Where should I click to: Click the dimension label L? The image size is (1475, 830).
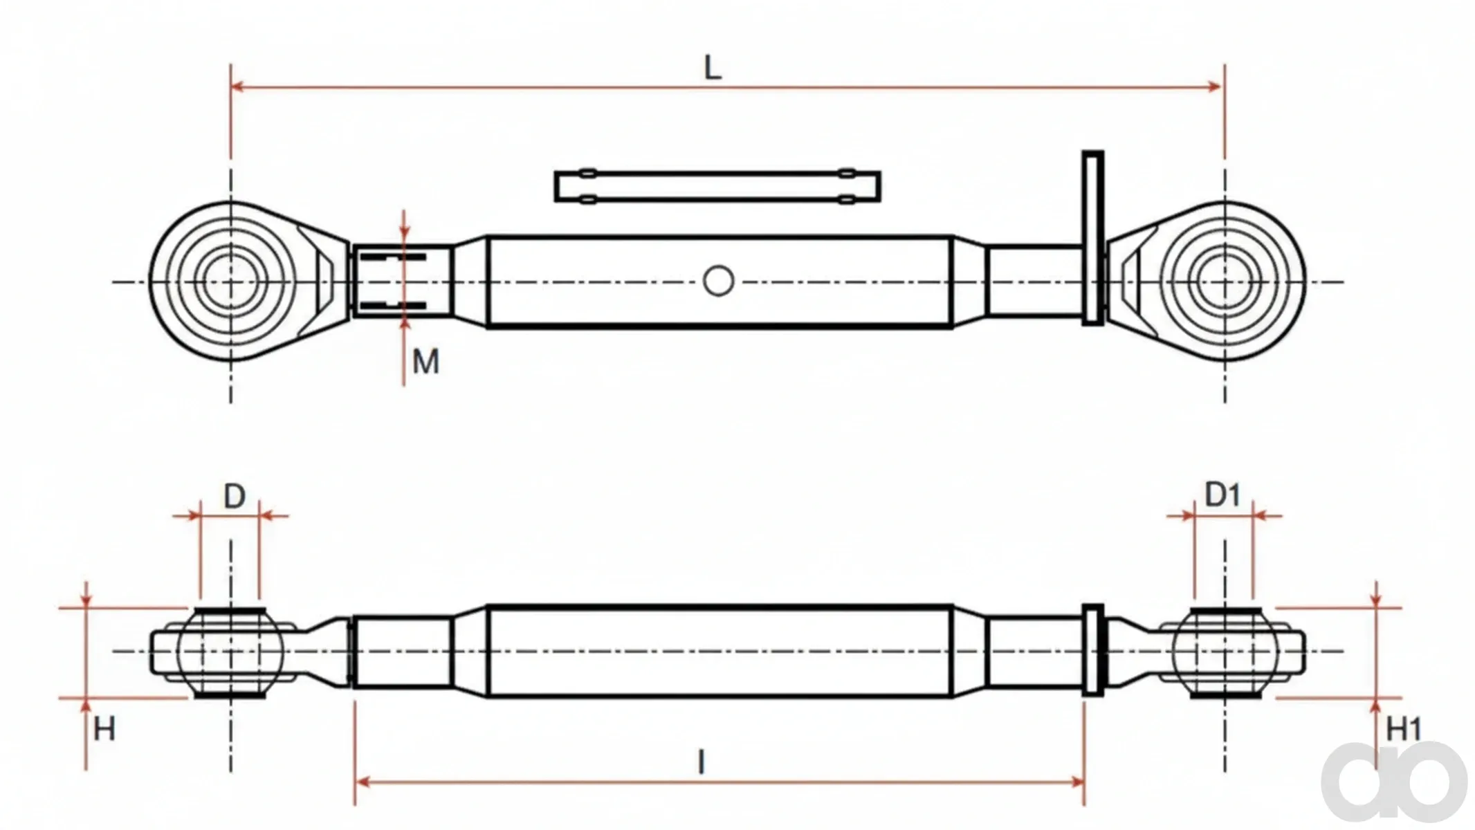point(712,68)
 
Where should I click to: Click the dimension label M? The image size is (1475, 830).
point(425,362)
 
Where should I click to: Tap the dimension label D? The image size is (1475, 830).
point(235,497)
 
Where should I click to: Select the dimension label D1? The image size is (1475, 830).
point(1222,495)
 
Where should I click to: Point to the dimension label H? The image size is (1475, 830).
point(104,729)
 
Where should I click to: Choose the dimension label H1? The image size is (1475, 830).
point(1404,729)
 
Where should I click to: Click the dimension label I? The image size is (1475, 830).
point(702,762)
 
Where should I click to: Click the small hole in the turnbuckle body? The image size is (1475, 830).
point(718,282)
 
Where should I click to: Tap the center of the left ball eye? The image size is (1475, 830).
point(230,282)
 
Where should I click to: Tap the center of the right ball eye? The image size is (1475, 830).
point(1225,282)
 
